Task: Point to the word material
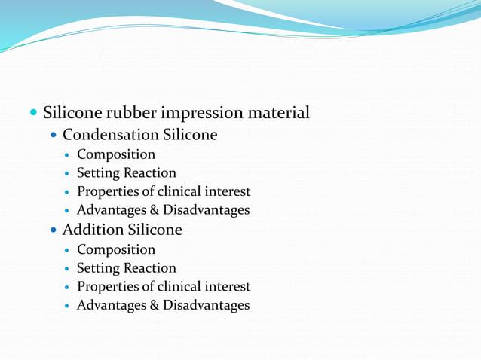(x=278, y=114)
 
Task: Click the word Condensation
(x=110, y=136)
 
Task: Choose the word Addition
(x=92, y=230)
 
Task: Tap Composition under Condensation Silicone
(x=116, y=155)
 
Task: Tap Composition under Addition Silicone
(x=116, y=249)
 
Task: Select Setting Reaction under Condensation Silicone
(x=127, y=173)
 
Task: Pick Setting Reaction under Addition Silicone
(x=127, y=268)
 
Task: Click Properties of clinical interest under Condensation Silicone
(x=164, y=192)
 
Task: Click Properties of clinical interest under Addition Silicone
(x=164, y=287)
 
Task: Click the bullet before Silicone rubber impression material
(x=33, y=114)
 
